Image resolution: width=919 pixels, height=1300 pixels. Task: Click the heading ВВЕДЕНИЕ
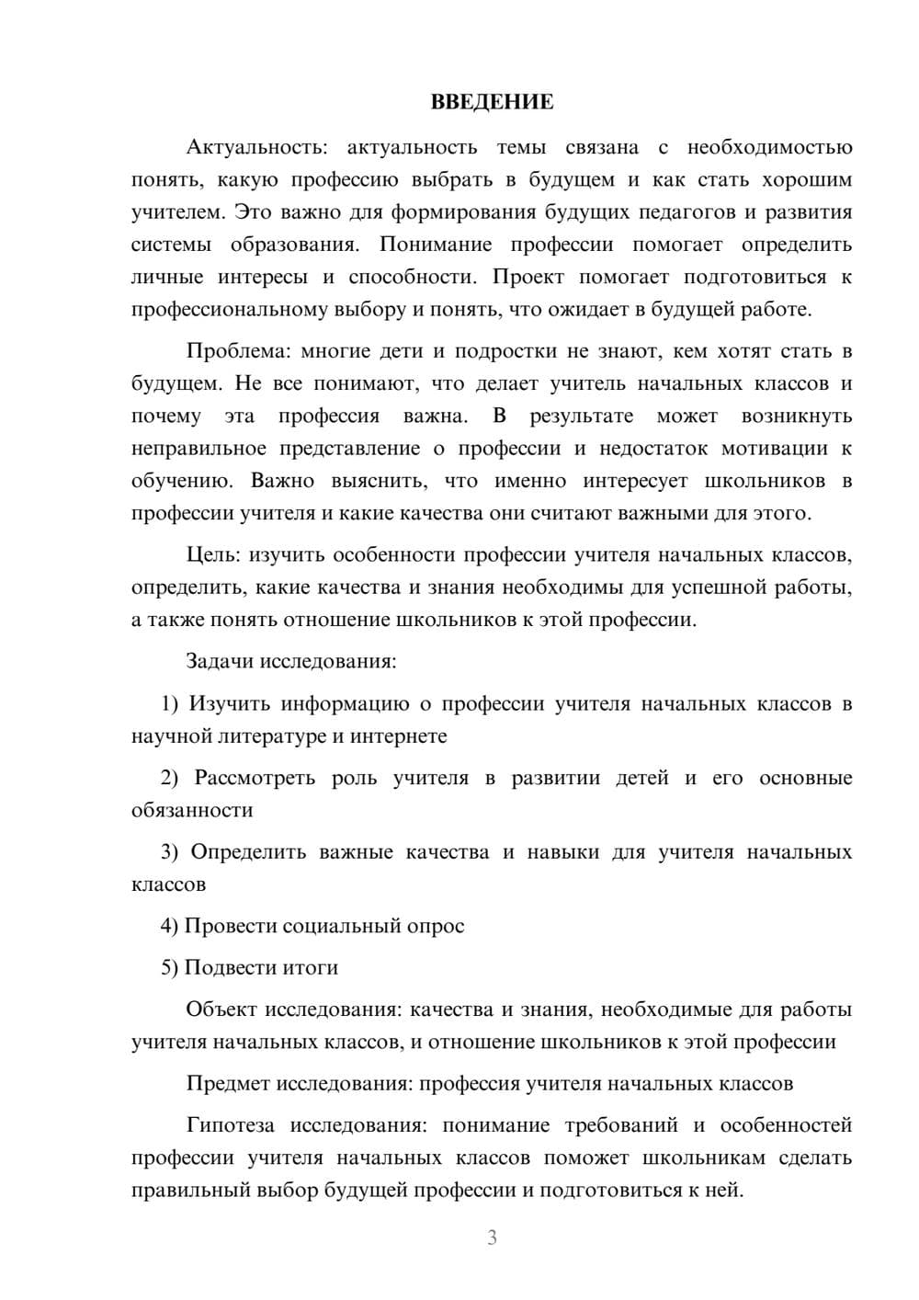click(x=493, y=102)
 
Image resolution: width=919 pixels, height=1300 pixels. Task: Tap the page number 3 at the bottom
click(x=492, y=1237)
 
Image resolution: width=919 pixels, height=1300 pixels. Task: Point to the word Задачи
click(x=221, y=661)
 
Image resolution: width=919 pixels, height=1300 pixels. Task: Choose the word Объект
click(x=221, y=1009)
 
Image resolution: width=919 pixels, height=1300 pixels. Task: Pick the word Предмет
click(x=228, y=1083)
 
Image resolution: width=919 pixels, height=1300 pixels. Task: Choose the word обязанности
click(x=192, y=810)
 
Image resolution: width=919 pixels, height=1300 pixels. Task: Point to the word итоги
click(x=313, y=967)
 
